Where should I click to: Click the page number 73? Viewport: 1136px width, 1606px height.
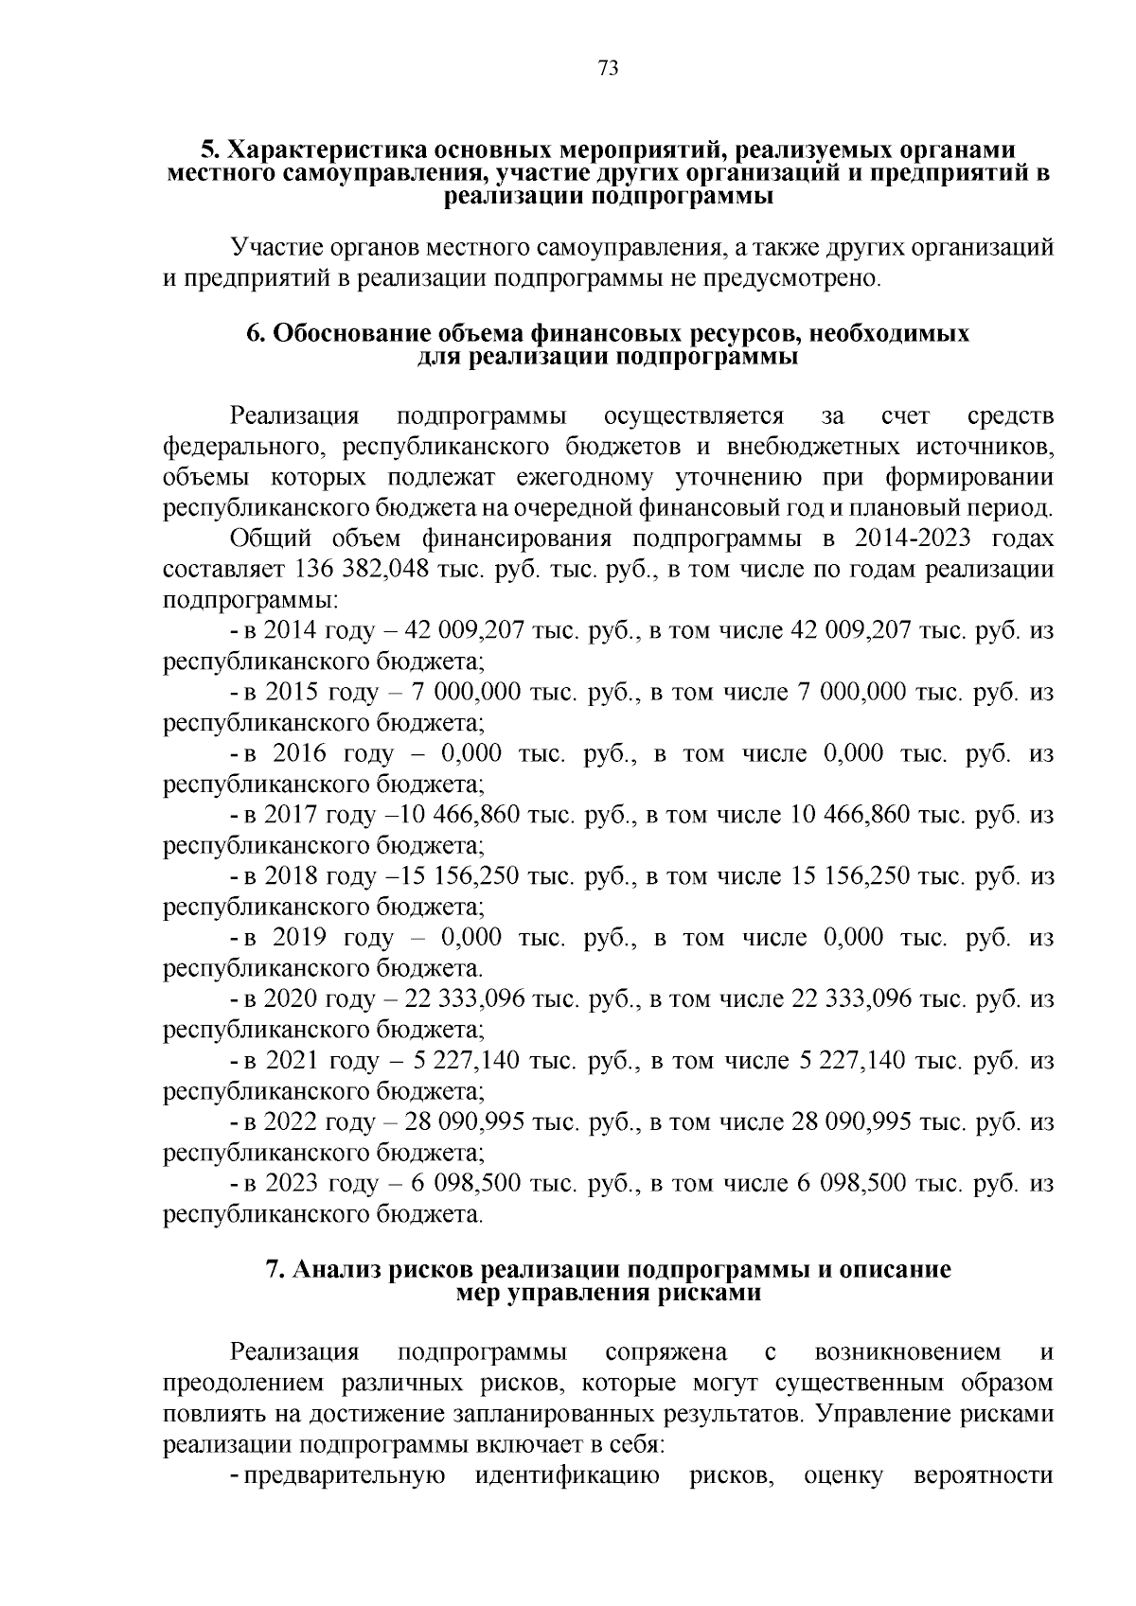pyautogui.click(x=608, y=68)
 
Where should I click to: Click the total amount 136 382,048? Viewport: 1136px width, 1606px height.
pyautogui.click(x=351, y=570)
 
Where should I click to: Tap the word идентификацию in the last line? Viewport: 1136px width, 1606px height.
pyautogui.click(x=566, y=1476)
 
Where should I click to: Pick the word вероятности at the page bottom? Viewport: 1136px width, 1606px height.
pyautogui.click(x=984, y=1476)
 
